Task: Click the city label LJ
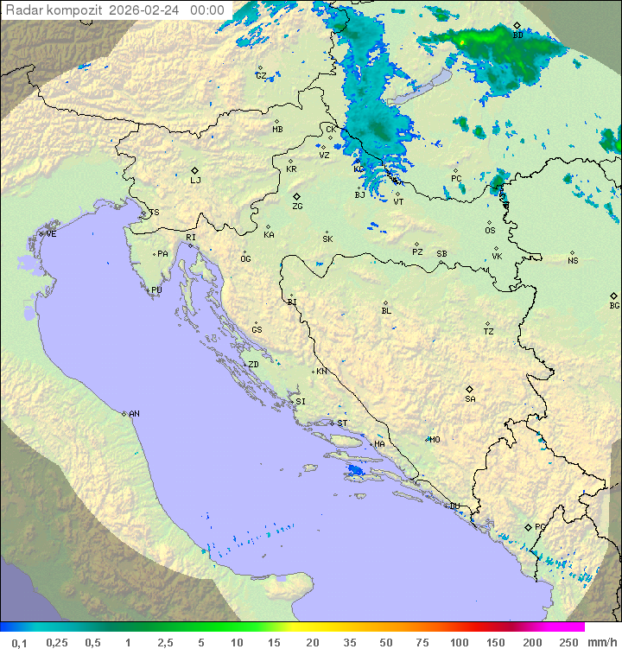195,181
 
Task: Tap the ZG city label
297,207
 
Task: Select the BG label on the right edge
614,305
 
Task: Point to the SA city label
470,399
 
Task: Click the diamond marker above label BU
517,26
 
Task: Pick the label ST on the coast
342,423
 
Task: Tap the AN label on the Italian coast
134,414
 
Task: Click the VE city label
51,234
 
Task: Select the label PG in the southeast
540,526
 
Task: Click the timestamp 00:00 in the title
206,10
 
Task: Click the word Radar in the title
23,10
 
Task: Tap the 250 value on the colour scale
568,642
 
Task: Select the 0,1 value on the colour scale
19,642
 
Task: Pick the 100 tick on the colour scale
459,642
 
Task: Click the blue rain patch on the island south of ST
354,471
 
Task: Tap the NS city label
573,261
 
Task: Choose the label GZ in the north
261,75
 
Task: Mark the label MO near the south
435,439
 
